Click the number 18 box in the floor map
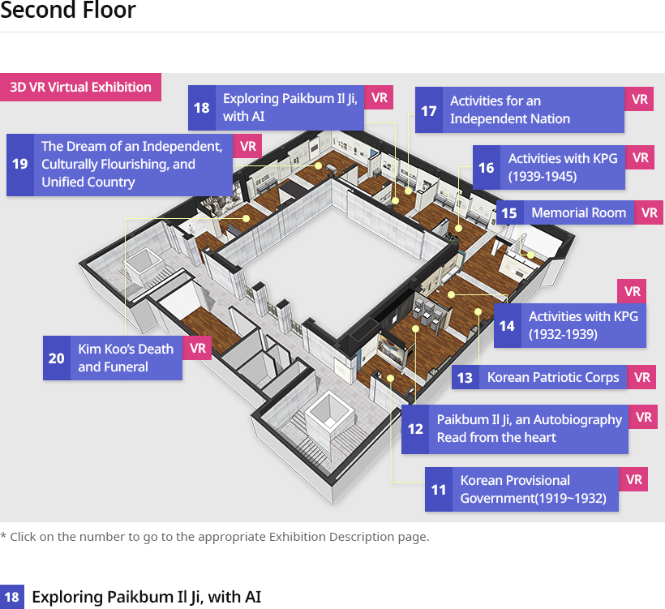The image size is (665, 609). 202,108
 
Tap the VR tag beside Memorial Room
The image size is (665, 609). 650,212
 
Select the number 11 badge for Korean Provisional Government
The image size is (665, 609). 439,490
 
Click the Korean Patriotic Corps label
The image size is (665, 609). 553,377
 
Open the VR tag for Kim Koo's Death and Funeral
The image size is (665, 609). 198,348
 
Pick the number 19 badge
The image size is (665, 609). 20,165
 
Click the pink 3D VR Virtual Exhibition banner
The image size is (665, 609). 80,87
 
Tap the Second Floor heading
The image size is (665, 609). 68,11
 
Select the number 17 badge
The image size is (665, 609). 429,110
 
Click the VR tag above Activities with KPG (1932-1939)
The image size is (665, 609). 632,291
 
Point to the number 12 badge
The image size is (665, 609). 415,429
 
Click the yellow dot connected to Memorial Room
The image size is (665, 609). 530,255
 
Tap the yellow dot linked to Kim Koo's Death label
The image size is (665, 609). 246,218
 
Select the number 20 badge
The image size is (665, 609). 57,358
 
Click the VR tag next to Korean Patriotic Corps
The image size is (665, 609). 641,377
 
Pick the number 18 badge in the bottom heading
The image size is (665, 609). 12,597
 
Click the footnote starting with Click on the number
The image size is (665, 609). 215,537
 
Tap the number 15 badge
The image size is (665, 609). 509,212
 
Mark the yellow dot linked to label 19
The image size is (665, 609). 318,165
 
